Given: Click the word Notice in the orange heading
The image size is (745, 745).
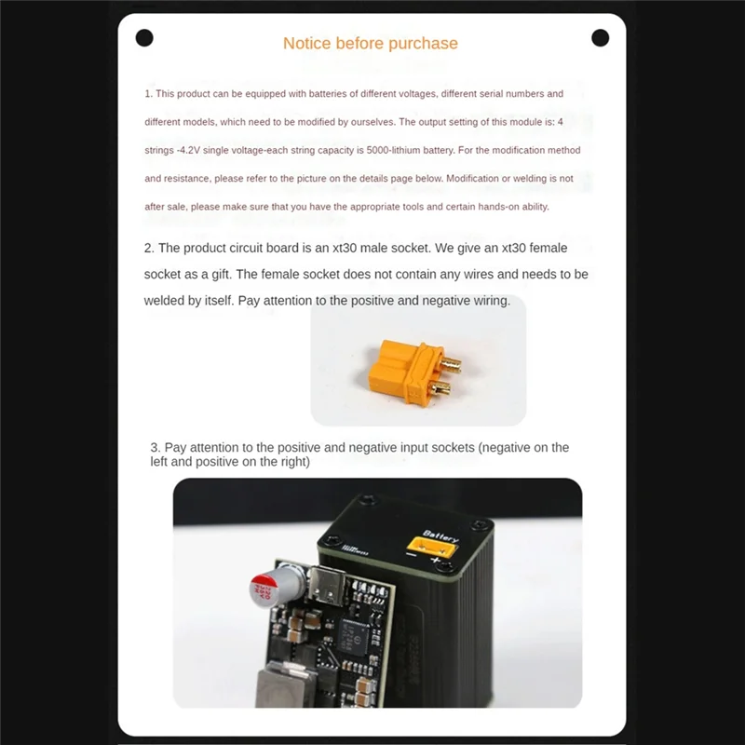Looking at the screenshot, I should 306,43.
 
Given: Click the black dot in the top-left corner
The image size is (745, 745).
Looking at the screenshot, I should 144,37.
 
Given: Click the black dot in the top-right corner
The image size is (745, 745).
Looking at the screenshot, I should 601,37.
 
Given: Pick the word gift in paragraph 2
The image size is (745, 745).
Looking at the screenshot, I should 215,274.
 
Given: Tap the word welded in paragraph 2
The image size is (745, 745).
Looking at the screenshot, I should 166,301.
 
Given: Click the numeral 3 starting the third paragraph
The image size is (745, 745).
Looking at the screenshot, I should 155,448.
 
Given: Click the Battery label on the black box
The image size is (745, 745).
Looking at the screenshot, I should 440,537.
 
